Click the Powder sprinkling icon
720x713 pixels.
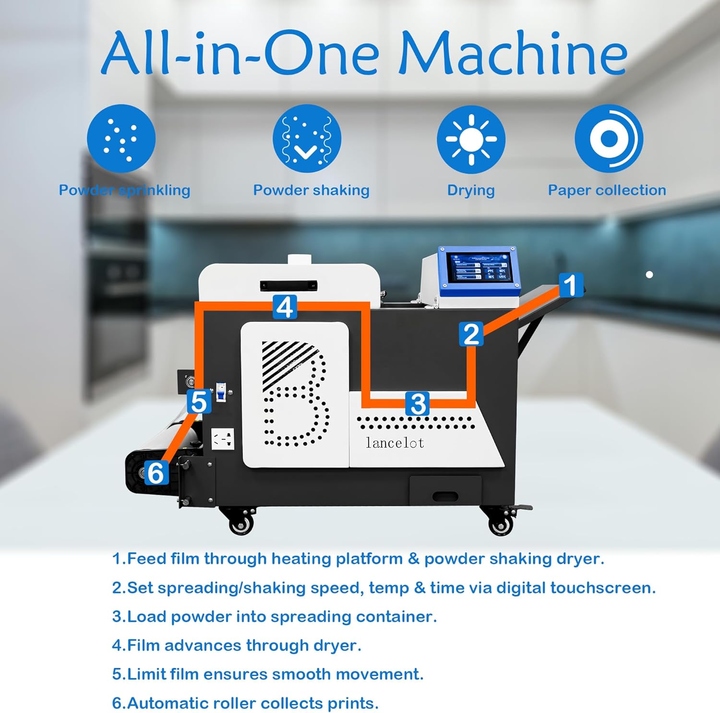121,139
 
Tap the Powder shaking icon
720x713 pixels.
307,139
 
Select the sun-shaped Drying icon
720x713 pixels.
471,139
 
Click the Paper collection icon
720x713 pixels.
609,139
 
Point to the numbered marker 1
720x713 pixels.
570,285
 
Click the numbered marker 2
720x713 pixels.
471,334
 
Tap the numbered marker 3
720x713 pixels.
418,404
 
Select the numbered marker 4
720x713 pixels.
285,307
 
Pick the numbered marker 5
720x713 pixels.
199,402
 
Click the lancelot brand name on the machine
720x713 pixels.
395,443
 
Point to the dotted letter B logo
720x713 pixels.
294,393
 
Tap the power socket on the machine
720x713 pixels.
223,439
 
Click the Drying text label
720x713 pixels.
471,190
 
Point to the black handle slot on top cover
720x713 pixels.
288,285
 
